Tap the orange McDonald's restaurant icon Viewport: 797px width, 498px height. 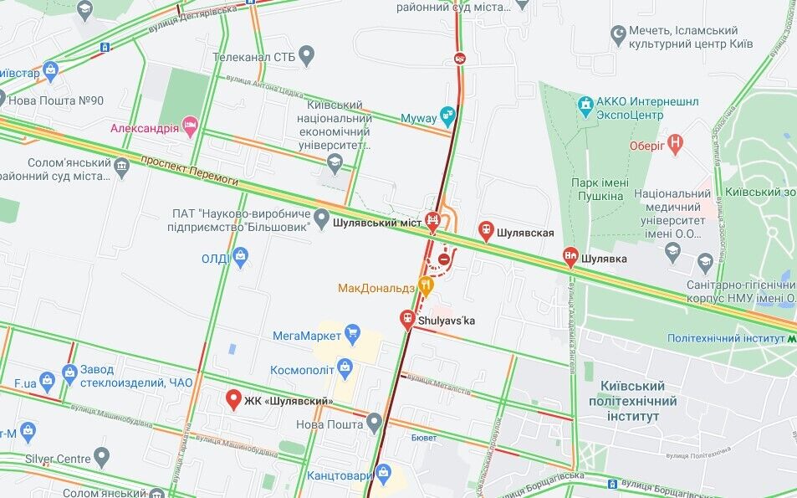427,286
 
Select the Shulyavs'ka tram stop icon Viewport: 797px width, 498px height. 407,319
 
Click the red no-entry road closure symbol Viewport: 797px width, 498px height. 445,260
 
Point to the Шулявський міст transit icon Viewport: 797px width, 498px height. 433,222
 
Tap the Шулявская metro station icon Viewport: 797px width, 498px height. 486,232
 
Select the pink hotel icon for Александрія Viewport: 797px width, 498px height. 191,127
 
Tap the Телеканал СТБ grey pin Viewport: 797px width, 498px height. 306,57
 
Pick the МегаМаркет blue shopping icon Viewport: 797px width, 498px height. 352,335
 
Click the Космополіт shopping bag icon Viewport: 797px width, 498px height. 345,368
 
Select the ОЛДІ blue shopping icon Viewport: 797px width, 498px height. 241,257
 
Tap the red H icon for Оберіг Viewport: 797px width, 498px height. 677,145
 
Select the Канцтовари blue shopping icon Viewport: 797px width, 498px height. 383,474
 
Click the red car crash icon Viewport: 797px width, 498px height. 460,58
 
